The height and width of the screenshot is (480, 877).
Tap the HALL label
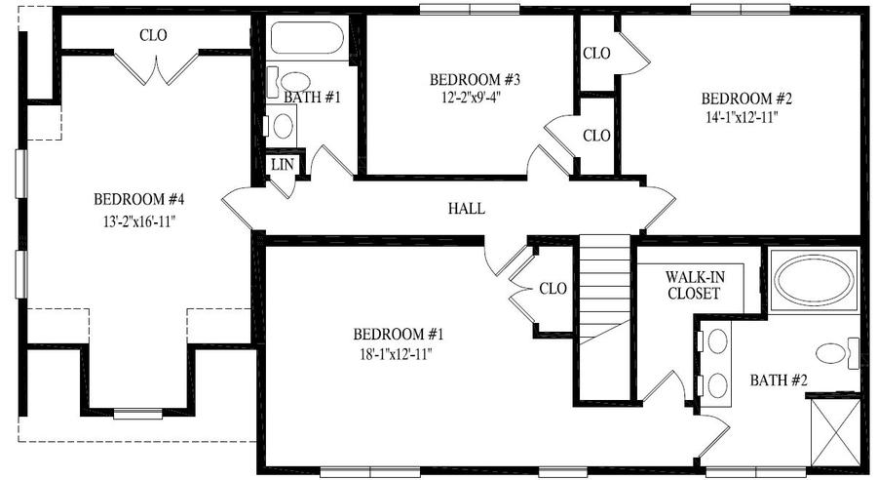click(x=466, y=208)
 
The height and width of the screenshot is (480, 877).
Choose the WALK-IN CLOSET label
click(x=694, y=285)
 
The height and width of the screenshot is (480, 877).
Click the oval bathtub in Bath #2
click(x=815, y=280)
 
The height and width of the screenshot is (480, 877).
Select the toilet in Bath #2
click(x=836, y=354)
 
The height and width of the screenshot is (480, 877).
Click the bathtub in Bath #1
click(x=307, y=40)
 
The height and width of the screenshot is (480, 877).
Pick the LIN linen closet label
click(x=282, y=165)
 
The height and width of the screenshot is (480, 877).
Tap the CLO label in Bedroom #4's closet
click(x=153, y=35)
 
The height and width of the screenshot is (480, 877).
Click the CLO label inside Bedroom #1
click(x=553, y=289)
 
